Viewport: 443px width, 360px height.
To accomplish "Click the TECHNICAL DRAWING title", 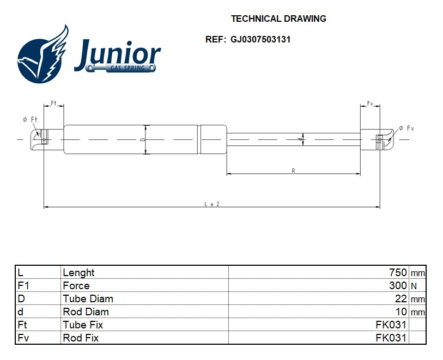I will (278, 19).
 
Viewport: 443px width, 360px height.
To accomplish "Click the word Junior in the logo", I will (117, 55).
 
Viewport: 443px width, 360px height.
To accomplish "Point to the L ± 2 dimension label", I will (211, 204).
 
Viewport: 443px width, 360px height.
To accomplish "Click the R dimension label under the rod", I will (293, 171).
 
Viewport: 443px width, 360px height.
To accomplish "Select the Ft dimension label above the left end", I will (54, 103).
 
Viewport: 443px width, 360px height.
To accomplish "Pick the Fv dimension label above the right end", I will (369, 103).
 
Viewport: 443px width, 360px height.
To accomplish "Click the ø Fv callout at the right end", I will (406, 128).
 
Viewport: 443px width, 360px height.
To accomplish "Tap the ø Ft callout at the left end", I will (29, 119).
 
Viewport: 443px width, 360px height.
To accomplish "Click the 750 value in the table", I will (398, 272).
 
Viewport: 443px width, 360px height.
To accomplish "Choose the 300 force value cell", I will (398, 285).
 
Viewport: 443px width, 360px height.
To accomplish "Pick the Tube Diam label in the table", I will (88, 298).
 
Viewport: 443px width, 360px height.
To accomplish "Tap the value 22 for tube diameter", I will (400, 298).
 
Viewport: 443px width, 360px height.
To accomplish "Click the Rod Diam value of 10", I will (400, 312).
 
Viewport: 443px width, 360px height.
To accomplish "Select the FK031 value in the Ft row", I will (391, 325).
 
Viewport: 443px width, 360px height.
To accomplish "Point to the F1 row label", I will (23, 285).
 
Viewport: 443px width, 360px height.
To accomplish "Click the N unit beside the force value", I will (414, 286).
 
